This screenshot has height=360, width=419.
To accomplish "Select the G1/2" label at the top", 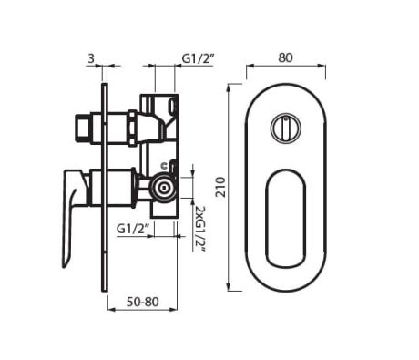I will (198, 57).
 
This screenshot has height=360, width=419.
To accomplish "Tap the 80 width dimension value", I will (285, 57).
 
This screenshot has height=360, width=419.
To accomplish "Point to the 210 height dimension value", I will (219, 188).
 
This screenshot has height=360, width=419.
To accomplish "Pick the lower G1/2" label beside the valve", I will (133, 228).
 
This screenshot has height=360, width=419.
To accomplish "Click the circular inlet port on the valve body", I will (164, 189).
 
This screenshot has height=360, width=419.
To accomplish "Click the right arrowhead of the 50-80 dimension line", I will (176, 308).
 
